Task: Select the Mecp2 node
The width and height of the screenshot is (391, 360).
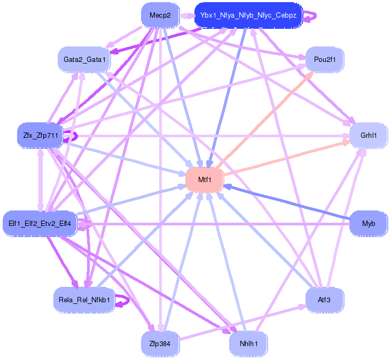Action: click(160, 15)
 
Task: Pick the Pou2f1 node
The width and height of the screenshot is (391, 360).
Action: click(324, 59)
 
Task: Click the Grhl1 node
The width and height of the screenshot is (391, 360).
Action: click(369, 136)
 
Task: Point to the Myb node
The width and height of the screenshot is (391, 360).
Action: click(369, 223)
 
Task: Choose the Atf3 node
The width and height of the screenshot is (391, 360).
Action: click(324, 300)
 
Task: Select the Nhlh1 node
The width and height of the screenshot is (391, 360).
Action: click(248, 343)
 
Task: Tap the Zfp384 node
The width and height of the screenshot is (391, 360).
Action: click(160, 343)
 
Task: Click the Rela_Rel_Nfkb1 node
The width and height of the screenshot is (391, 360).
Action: click(84, 300)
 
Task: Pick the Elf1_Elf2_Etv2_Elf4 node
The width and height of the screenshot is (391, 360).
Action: click(40, 223)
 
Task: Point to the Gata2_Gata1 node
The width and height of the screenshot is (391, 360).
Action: click(84, 59)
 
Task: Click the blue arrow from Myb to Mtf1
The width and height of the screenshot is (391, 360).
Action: click(288, 205)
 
